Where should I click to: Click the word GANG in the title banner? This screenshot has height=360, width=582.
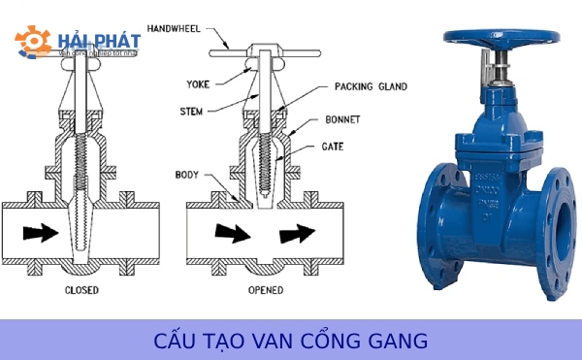400,342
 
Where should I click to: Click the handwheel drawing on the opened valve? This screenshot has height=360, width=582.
261,49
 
